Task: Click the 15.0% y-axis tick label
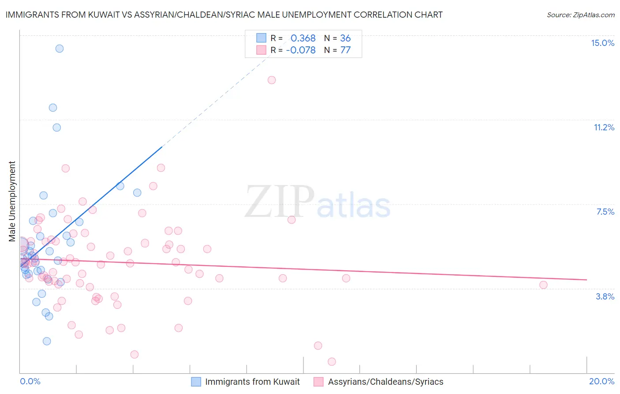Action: coord(602,43)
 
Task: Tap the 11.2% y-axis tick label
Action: coord(604,127)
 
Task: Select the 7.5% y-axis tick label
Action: coord(605,212)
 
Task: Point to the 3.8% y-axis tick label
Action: coord(605,296)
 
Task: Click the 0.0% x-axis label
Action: coord(30,381)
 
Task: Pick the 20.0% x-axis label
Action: coord(601,381)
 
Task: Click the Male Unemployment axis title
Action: coord(12,201)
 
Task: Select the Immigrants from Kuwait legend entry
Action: coord(252,382)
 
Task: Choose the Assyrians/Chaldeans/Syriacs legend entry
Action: coord(385,382)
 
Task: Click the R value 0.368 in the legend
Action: coord(303,38)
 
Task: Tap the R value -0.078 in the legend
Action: coord(301,50)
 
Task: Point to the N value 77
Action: coord(345,50)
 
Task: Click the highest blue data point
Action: coord(60,49)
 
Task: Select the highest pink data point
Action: coord(272,80)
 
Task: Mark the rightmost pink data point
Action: coord(543,285)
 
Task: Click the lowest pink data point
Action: coord(332,362)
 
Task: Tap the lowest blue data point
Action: coord(47,341)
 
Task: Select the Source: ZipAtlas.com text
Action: coord(580,15)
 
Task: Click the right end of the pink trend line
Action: coord(586,280)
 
